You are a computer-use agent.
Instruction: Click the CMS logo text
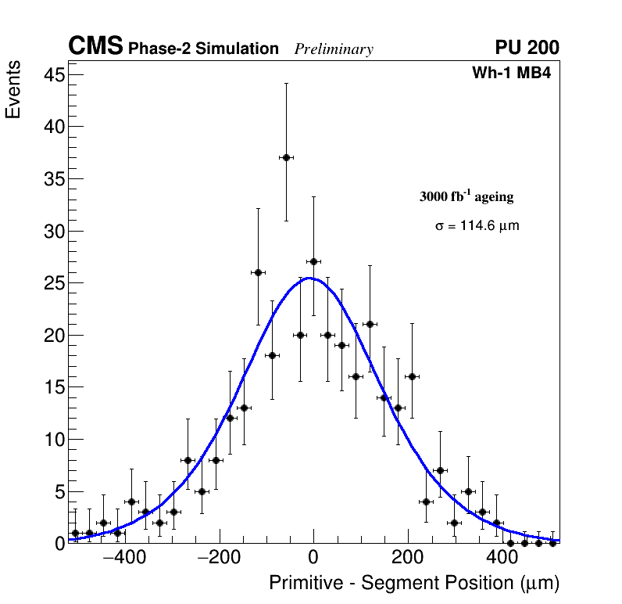click(95, 47)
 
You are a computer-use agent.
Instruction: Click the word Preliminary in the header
click(334, 49)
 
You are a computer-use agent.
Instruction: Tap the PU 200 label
click(527, 48)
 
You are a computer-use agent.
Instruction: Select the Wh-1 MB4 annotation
click(512, 74)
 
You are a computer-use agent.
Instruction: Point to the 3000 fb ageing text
click(466, 196)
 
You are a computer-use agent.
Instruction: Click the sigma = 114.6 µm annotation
click(477, 226)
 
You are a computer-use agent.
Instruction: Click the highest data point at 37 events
click(286, 157)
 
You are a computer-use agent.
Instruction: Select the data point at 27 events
click(313, 261)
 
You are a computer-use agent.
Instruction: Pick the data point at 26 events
click(258, 272)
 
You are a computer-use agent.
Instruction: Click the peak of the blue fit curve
click(309, 278)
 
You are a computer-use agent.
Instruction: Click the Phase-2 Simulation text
click(203, 49)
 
